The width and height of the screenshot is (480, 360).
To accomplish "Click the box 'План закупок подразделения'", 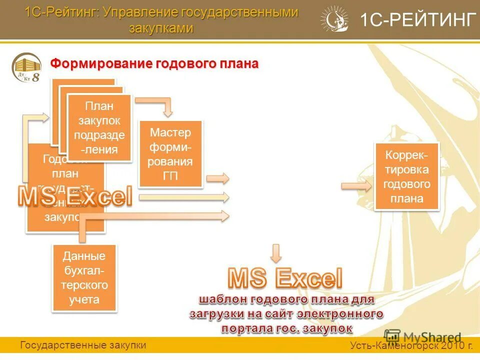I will coord(99,127).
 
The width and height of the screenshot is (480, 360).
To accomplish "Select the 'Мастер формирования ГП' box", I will coord(170,153).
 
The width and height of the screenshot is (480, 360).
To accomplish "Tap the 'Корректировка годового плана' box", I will coord(406,176).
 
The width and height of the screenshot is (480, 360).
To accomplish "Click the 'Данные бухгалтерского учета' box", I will coord(84,278).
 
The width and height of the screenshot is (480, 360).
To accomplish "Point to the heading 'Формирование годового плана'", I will coord(154,63).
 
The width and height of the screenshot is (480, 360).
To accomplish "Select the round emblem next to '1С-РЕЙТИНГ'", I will coord(334,19).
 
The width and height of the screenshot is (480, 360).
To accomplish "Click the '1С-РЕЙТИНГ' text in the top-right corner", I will coord(417,20).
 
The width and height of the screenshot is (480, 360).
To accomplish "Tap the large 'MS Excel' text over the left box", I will coord(75,196).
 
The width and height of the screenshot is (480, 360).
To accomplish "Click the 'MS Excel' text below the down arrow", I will coord(285,278).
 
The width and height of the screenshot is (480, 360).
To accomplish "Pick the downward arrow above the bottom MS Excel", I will coord(276,253).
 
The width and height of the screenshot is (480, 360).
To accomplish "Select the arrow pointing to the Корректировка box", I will coord(356,186).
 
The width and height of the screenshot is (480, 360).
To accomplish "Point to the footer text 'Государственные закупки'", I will coord(83,345).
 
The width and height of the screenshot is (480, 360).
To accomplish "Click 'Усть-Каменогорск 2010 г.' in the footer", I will coord(411,345).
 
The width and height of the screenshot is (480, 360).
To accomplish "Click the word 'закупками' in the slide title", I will coord(161,28).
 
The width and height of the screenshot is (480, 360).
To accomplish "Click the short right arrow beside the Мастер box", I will coord(217,178).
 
